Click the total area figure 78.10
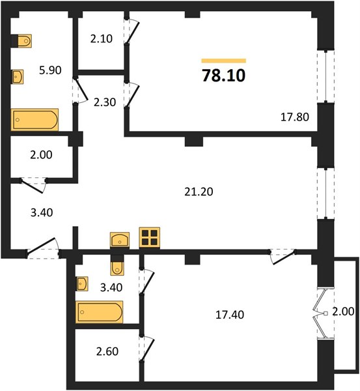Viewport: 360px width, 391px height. [x=224, y=76]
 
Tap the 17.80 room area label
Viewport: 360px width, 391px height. [x=295, y=117]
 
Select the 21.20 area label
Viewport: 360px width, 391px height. [x=199, y=192]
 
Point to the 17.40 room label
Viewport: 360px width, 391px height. [x=230, y=315]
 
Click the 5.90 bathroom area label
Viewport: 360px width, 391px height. [x=50, y=70]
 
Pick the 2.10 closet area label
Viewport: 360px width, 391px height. [x=102, y=38]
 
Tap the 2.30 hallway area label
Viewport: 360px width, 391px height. [x=105, y=102]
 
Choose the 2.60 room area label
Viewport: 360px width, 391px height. [x=107, y=351]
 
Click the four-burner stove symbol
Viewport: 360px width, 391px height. [x=150, y=238]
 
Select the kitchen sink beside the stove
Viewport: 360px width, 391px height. [x=120, y=240]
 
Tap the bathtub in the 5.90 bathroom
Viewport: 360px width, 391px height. [x=35, y=120]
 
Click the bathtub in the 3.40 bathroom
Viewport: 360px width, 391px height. [x=99, y=312]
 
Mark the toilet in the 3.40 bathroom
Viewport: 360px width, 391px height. [x=117, y=268]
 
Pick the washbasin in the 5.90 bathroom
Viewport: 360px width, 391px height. [x=18, y=76]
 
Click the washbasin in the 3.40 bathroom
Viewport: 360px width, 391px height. [x=83, y=283]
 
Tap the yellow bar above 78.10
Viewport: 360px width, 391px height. [x=224, y=61]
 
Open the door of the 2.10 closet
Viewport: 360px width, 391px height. [x=132, y=32]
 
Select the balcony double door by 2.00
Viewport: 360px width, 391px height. [x=321, y=313]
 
